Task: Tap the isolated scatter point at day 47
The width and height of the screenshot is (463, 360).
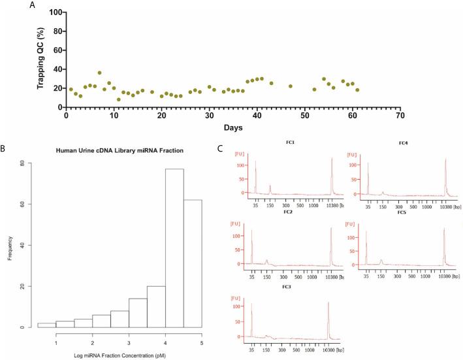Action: (x=291, y=86)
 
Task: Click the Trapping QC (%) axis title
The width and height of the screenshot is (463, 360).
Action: (x=40, y=60)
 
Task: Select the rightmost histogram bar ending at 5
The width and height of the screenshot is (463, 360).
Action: (x=193, y=263)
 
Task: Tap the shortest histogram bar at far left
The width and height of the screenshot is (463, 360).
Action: (x=46, y=325)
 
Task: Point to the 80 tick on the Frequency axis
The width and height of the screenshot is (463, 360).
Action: (x=23, y=163)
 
